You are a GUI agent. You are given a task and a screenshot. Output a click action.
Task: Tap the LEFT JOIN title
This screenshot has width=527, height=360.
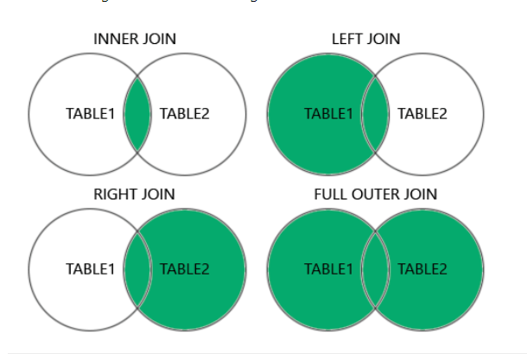pos(365,40)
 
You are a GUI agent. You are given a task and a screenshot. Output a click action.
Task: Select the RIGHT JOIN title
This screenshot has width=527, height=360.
pos(134,195)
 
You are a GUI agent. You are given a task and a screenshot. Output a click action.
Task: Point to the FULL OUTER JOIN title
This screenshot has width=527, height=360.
pos(375,195)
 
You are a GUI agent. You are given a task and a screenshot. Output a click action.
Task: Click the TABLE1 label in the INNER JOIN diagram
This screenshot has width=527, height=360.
pos(91,114)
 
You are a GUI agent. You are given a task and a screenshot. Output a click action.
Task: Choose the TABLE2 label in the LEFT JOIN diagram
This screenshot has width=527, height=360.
pos(422,114)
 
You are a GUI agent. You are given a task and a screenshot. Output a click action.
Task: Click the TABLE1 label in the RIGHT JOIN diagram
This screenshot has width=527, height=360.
pos(91,268)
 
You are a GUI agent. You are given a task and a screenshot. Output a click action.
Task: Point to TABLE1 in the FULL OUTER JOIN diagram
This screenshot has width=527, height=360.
pos(329,268)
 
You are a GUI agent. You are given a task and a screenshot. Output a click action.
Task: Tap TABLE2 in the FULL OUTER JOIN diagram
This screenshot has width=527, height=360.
pos(422,268)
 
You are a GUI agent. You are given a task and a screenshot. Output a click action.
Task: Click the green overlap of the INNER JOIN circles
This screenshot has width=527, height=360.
pos(138,114)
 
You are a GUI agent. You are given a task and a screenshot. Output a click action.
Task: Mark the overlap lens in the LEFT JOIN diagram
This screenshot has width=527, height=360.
pos(376,114)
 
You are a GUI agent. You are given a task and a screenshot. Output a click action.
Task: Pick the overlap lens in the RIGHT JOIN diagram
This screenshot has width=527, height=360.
pos(138,268)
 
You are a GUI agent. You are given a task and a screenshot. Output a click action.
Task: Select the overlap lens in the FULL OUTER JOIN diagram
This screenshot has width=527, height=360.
pos(376,268)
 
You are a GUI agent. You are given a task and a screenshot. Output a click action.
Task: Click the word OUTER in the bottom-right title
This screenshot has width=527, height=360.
pos(377,195)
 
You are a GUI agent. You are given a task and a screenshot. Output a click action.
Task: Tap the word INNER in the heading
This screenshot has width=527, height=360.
pos(116,40)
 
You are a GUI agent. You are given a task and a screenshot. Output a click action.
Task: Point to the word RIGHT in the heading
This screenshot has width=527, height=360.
pos(113,195)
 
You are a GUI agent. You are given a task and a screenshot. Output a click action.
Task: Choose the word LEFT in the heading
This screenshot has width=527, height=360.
pos(347,40)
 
